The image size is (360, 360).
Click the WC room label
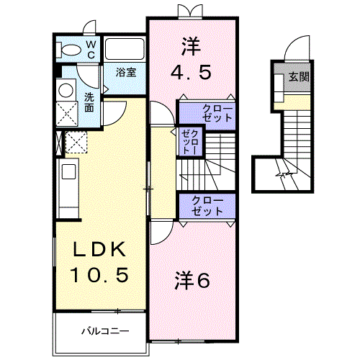[x=91, y=50]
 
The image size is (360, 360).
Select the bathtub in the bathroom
[x=125, y=49]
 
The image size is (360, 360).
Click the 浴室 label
[x=126, y=72]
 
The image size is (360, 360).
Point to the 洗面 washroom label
[x=89, y=102]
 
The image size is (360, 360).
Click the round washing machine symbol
[x=66, y=90]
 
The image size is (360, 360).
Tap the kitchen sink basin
[x=69, y=171]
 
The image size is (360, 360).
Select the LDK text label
[x=99, y=249]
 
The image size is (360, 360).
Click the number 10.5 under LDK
[x=99, y=275]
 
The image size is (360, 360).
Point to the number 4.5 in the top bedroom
[x=191, y=72]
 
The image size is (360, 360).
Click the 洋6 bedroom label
[x=192, y=280]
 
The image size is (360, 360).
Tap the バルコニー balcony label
[x=105, y=331]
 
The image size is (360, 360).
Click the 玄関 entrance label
[x=299, y=77]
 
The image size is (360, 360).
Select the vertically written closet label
[x=190, y=143]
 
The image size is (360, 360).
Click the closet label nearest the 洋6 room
[x=207, y=206]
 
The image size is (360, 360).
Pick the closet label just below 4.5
[x=217, y=113]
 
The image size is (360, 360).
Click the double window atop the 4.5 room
[x=189, y=12]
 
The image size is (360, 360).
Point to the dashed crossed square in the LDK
[x=76, y=142]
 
